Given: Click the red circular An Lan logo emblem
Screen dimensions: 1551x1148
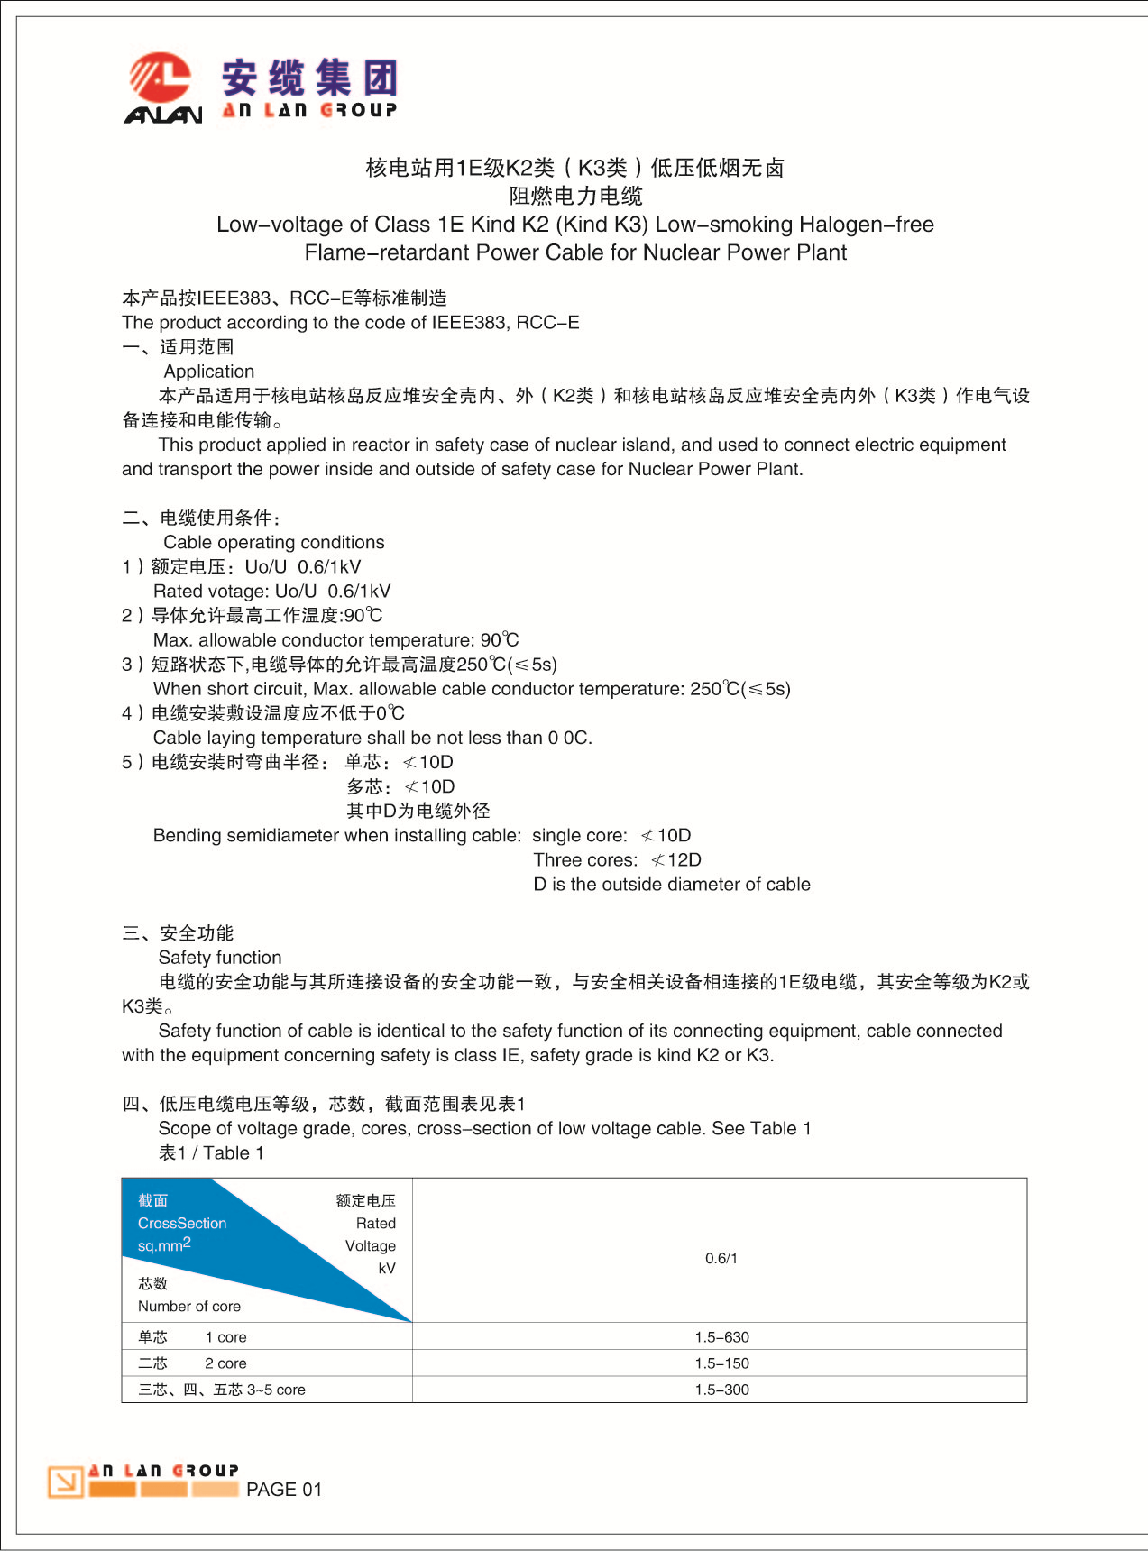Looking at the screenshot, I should click(161, 78).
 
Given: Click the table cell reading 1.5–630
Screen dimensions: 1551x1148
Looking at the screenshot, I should click(721, 1336).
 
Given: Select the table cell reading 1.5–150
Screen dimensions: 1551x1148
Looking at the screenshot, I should click(721, 1363).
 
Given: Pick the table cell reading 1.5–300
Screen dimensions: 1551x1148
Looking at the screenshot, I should click(721, 1390).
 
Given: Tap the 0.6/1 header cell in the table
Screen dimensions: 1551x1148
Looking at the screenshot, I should click(721, 1258).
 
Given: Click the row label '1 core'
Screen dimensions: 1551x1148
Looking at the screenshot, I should click(225, 1336).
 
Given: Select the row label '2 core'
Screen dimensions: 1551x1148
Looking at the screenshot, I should click(225, 1363).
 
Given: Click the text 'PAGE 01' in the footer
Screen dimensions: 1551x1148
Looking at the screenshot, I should click(283, 1490).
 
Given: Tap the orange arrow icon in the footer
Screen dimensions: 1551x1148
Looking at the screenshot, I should click(65, 1481).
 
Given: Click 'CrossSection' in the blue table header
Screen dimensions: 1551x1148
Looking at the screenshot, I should click(182, 1223).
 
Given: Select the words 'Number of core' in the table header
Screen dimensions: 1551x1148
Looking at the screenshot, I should click(189, 1306).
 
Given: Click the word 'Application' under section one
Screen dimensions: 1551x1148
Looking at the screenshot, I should click(209, 372).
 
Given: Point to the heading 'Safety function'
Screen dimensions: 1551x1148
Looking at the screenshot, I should click(220, 958).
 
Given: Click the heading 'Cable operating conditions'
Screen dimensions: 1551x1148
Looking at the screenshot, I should click(273, 542).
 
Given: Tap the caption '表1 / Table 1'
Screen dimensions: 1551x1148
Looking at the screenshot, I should click(211, 1152).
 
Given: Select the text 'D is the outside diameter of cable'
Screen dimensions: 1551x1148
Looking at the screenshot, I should click(672, 884).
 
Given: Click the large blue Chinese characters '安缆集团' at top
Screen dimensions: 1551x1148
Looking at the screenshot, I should click(309, 78).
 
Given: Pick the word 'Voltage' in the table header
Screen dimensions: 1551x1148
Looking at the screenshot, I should click(371, 1245).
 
